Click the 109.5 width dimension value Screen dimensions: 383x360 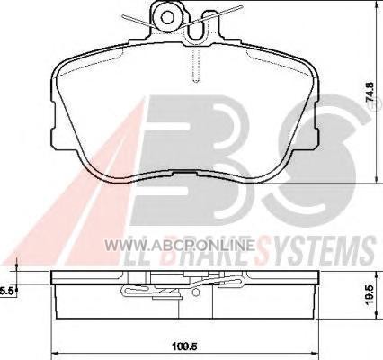[x=184, y=346]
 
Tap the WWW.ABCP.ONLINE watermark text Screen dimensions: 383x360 [x=180, y=246]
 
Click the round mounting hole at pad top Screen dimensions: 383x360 [x=166, y=17]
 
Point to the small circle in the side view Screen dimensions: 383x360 [x=195, y=292]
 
